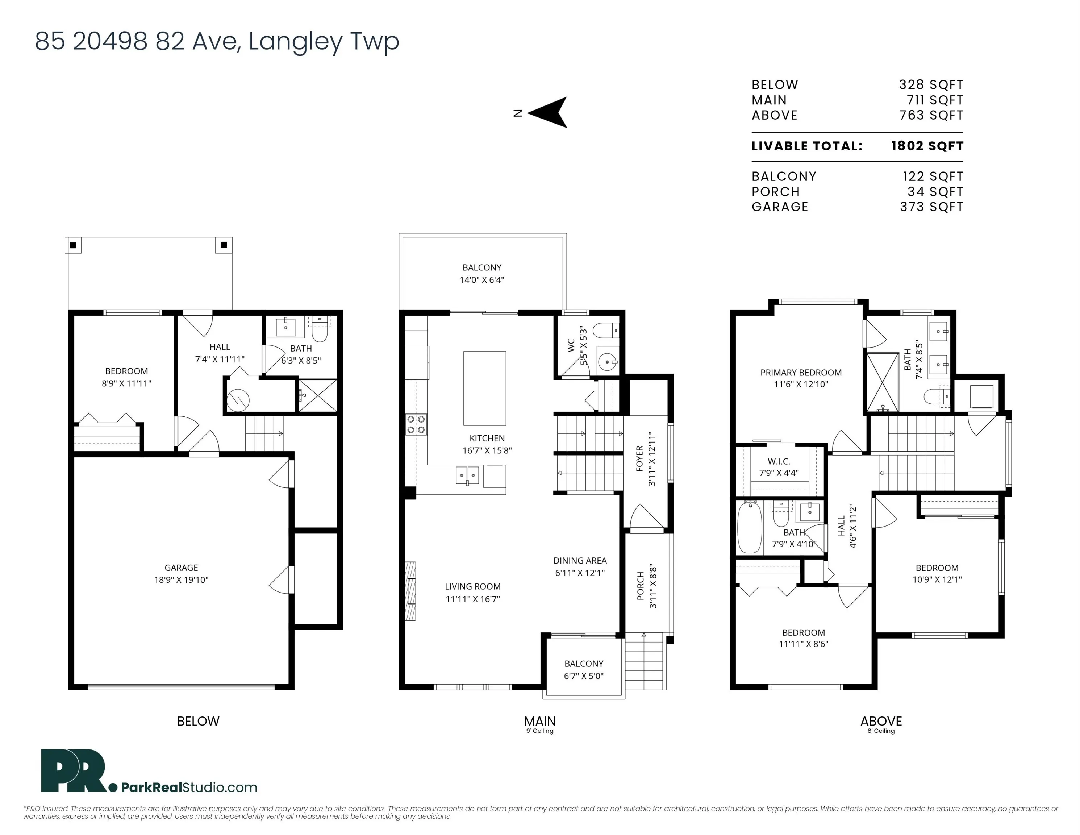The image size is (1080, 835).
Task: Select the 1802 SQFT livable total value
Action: pyautogui.click(x=927, y=146)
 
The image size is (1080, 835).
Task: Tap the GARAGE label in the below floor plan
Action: pyautogui.click(x=182, y=568)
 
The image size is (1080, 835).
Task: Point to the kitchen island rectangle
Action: pyautogui.click(x=485, y=388)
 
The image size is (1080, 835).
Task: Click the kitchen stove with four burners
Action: pyautogui.click(x=416, y=424)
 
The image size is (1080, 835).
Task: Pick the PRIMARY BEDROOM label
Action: pyautogui.click(x=801, y=373)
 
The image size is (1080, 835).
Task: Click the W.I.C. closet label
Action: pyautogui.click(x=779, y=461)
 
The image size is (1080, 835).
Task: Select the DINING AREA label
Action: pyautogui.click(x=580, y=560)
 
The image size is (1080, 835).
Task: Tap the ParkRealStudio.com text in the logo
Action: pyautogui.click(x=189, y=788)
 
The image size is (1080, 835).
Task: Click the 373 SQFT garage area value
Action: pyautogui.click(x=932, y=207)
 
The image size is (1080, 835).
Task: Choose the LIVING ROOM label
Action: pyautogui.click(x=473, y=587)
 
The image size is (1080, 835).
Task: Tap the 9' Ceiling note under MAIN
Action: pyautogui.click(x=540, y=731)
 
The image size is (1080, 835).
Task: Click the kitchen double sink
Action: pyautogui.click(x=467, y=476)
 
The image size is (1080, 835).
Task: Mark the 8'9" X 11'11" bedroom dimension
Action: pyautogui.click(x=126, y=383)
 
